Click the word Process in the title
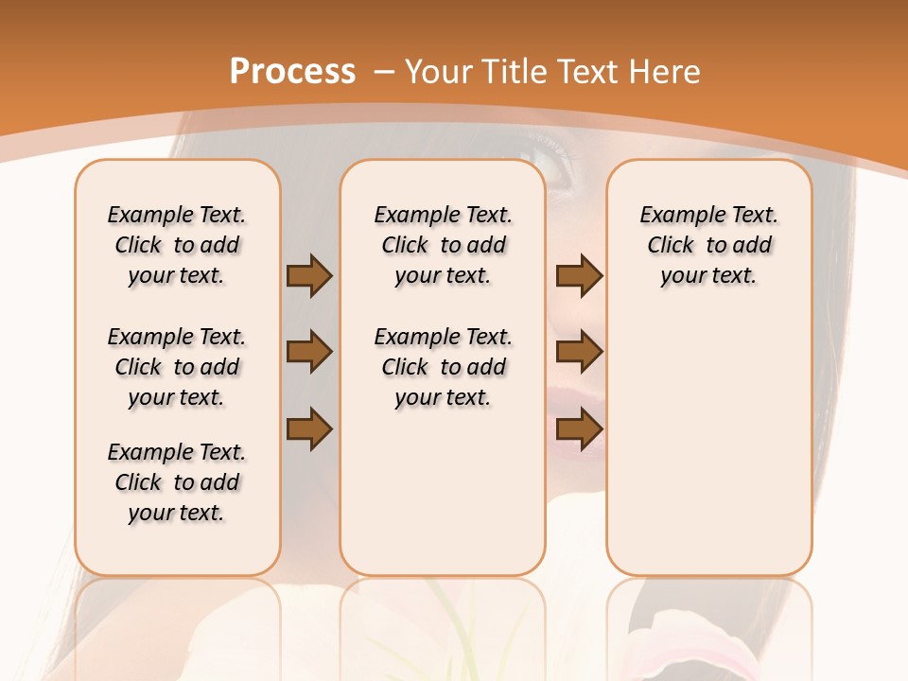[292, 71]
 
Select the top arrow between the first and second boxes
[309, 276]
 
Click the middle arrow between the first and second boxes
[309, 352]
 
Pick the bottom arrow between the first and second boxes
[309, 428]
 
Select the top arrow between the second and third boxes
[579, 276]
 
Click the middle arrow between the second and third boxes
[579, 352]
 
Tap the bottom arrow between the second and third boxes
[579, 428]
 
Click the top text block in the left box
[177, 245]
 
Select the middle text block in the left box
[177, 367]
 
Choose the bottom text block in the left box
[177, 482]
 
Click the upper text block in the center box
[443, 245]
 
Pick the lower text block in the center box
[443, 367]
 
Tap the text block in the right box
[708, 245]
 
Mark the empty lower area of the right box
[708, 445]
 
